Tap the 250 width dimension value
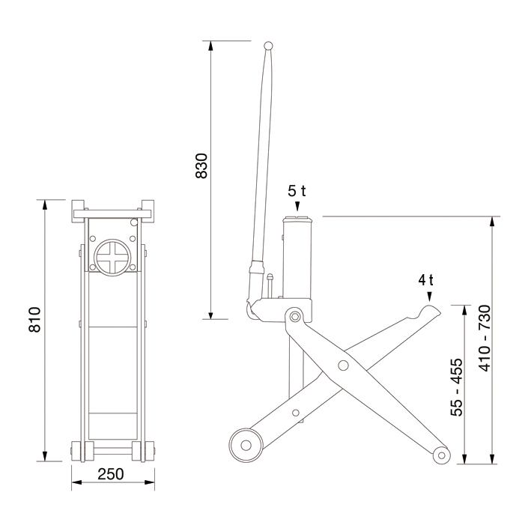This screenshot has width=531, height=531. [x=110, y=475]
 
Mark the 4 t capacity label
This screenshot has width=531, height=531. [x=426, y=280]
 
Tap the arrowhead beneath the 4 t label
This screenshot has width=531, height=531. [x=429, y=297]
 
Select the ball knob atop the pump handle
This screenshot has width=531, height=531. [x=269, y=46]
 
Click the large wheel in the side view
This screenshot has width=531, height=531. [x=245, y=443]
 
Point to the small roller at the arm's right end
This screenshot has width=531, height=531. [x=442, y=454]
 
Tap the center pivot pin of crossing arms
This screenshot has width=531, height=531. [x=343, y=365]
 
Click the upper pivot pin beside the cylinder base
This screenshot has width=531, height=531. [x=294, y=317]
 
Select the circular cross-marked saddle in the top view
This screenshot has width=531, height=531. [x=111, y=257]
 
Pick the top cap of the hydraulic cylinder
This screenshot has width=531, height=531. [x=297, y=219]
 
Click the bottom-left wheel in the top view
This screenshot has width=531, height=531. [x=80, y=452]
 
